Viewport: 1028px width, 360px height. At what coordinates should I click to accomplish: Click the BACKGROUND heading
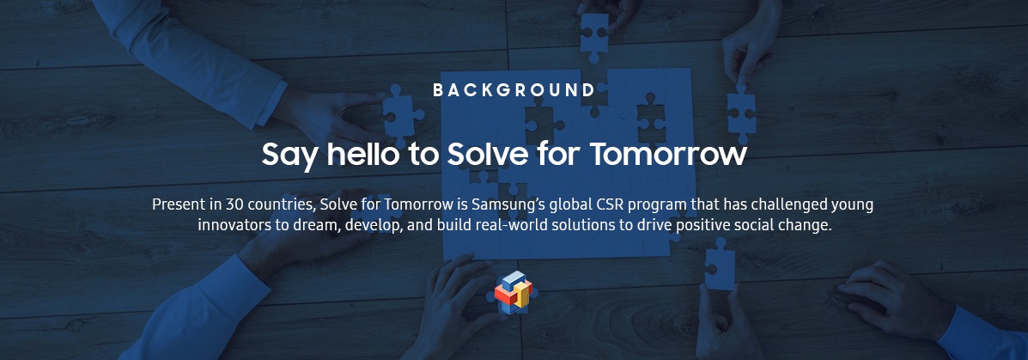point(514,90)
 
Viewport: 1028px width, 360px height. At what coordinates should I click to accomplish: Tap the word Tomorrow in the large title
point(668,154)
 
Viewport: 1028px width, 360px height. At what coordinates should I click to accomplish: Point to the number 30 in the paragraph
point(234,204)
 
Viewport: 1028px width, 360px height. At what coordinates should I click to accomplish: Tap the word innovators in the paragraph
point(229,225)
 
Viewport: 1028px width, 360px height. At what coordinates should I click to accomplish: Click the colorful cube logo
point(514,291)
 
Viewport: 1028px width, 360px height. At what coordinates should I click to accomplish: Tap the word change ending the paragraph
point(807,226)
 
